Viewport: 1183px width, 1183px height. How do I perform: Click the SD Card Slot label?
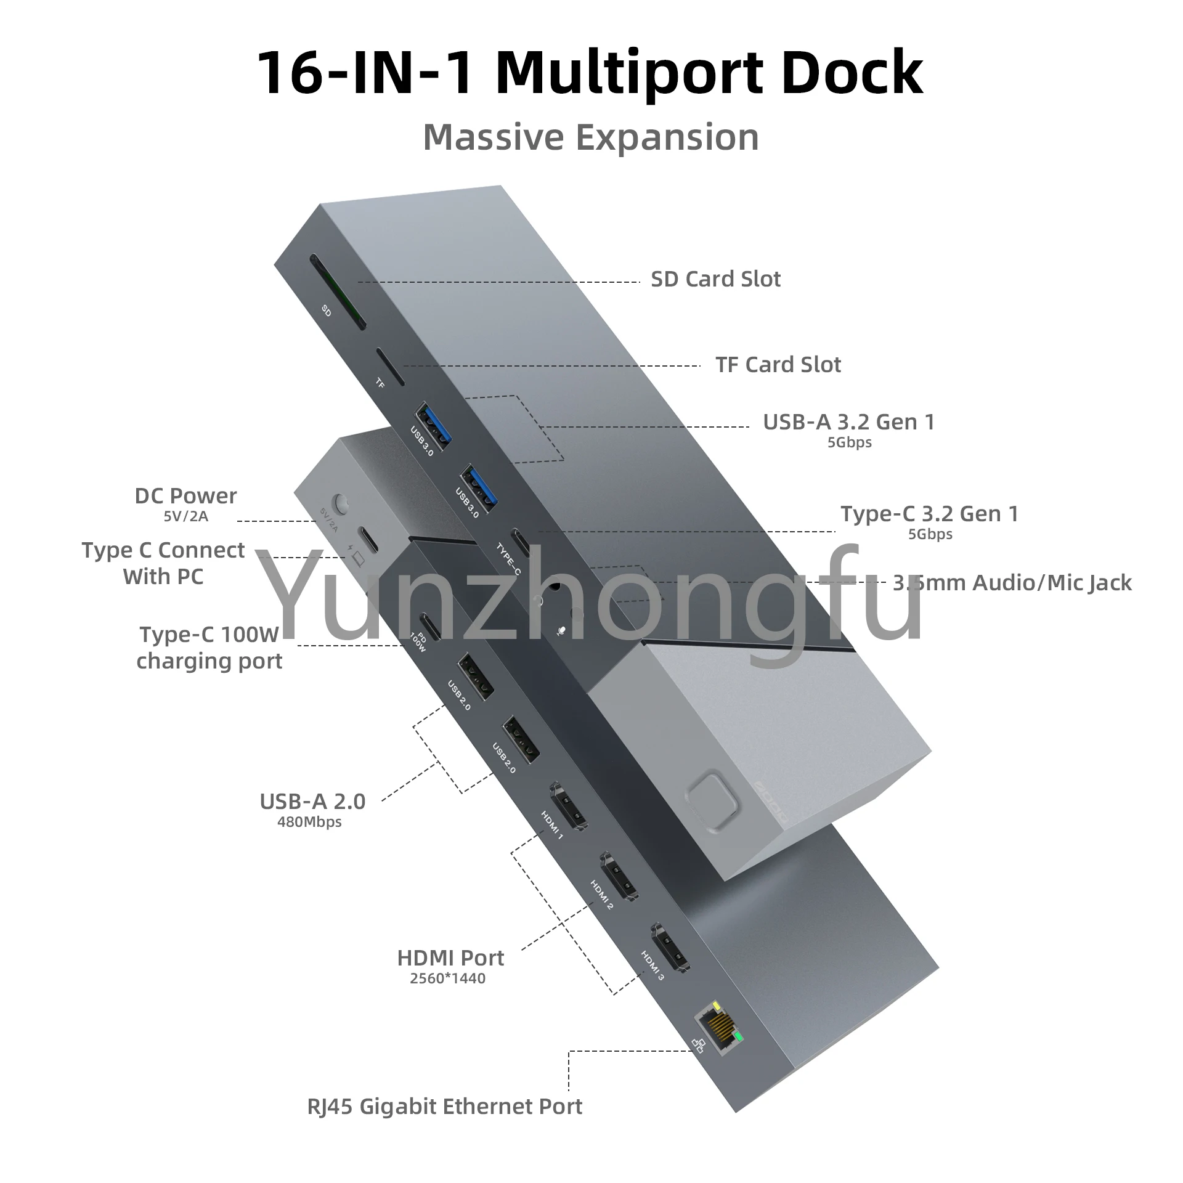(x=715, y=279)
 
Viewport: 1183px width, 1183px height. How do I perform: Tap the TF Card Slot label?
(x=778, y=365)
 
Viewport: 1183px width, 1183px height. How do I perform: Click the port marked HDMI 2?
(x=619, y=877)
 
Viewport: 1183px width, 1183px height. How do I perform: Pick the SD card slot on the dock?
(x=337, y=291)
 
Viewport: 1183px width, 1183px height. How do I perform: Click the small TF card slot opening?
(x=390, y=367)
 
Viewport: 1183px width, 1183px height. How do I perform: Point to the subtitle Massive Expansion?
(x=591, y=137)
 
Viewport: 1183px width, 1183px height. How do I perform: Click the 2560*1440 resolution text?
(x=448, y=978)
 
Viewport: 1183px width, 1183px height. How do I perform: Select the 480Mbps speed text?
(x=309, y=822)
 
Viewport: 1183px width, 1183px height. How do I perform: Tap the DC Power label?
(x=185, y=496)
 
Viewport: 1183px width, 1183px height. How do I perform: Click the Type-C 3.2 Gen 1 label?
(x=929, y=514)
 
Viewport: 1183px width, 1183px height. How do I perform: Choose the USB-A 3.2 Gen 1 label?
(x=848, y=422)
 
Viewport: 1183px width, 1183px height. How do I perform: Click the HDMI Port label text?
(x=450, y=958)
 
